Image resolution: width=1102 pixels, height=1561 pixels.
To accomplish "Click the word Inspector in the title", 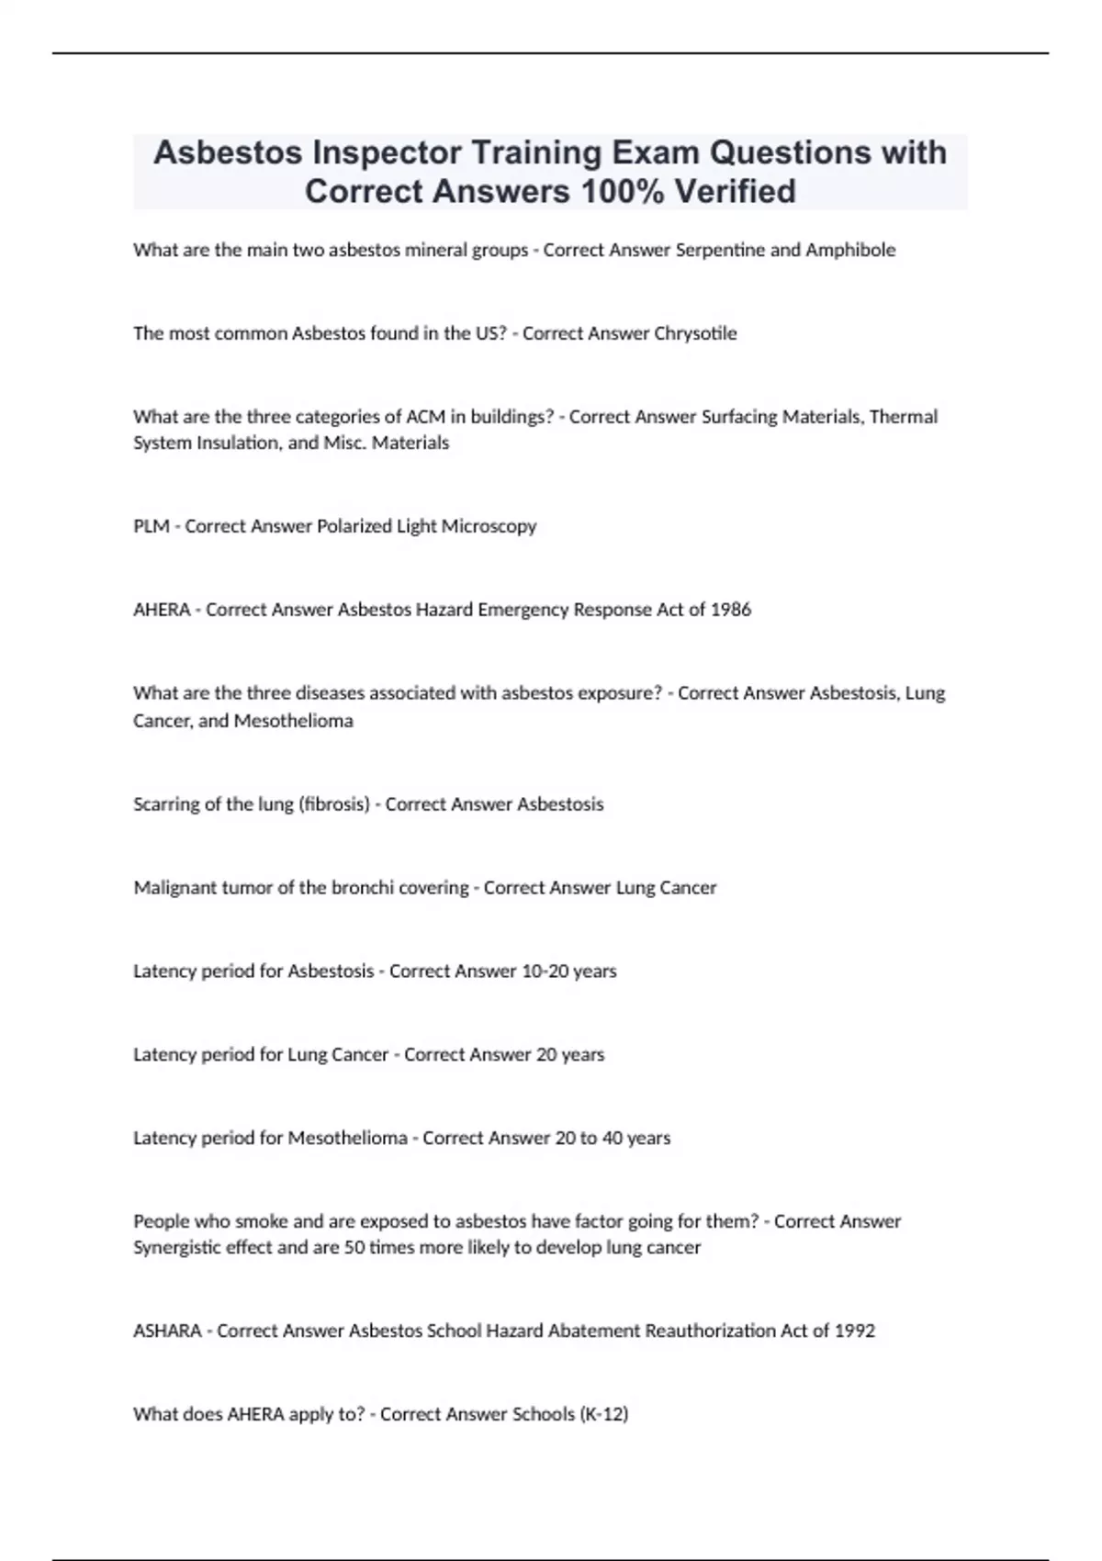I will pyautogui.click(x=387, y=152).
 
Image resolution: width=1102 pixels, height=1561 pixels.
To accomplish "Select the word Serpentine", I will pyautogui.click(x=720, y=250).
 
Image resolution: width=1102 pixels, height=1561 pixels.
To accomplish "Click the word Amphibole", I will pyautogui.click(x=849, y=250).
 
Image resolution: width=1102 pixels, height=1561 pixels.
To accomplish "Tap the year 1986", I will pyautogui.click(x=731, y=610).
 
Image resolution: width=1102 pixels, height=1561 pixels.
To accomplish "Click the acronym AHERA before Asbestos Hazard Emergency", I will pyautogui.click(x=162, y=610).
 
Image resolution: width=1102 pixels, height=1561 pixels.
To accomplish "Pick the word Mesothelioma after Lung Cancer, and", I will pyautogui.click(x=293, y=721).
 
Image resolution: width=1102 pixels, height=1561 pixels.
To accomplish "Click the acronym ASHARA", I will pyautogui.click(x=167, y=1331).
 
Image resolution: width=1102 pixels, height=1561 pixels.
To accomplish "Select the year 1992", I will pyautogui.click(x=854, y=1331).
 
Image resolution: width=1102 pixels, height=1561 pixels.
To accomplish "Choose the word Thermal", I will pyautogui.click(x=903, y=417).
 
